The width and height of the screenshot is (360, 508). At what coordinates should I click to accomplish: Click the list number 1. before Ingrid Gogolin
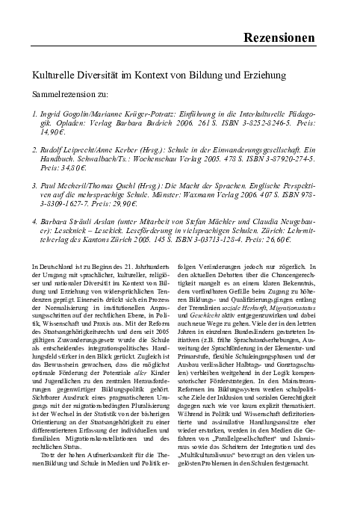pyautogui.click(x=35, y=117)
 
